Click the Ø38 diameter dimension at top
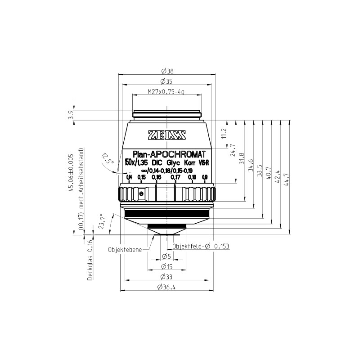pyautogui.click(x=167, y=71)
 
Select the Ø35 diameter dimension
pyautogui.click(x=167, y=81)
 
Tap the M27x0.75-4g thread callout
pyautogui.click(x=166, y=92)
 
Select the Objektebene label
pyautogui.click(x=125, y=249)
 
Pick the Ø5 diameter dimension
pyautogui.click(x=166, y=257)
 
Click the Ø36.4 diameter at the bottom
pyautogui.click(x=166, y=288)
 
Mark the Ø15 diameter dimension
pyautogui.click(x=166, y=267)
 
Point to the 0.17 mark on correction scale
pyautogui.click(x=175, y=177)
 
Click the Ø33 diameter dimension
pyautogui.click(x=166, y=277)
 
